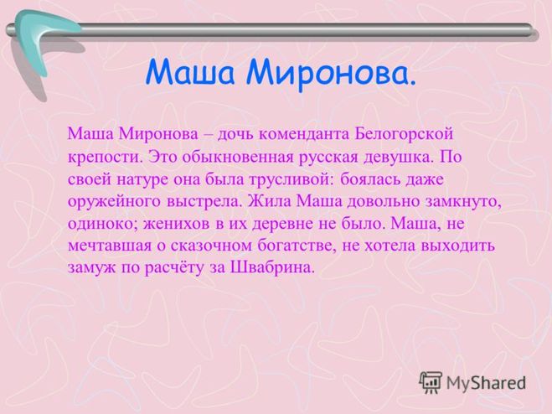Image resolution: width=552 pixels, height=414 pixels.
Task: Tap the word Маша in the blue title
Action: coord(190,72)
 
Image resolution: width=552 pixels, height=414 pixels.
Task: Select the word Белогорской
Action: coord(404,134)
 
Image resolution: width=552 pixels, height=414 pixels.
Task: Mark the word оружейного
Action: coord(114,202)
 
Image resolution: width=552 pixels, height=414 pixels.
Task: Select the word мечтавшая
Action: coord(110,246)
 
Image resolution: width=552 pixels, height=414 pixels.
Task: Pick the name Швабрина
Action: coord(271,268)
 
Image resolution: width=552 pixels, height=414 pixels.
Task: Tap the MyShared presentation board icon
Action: coord(431,382)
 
